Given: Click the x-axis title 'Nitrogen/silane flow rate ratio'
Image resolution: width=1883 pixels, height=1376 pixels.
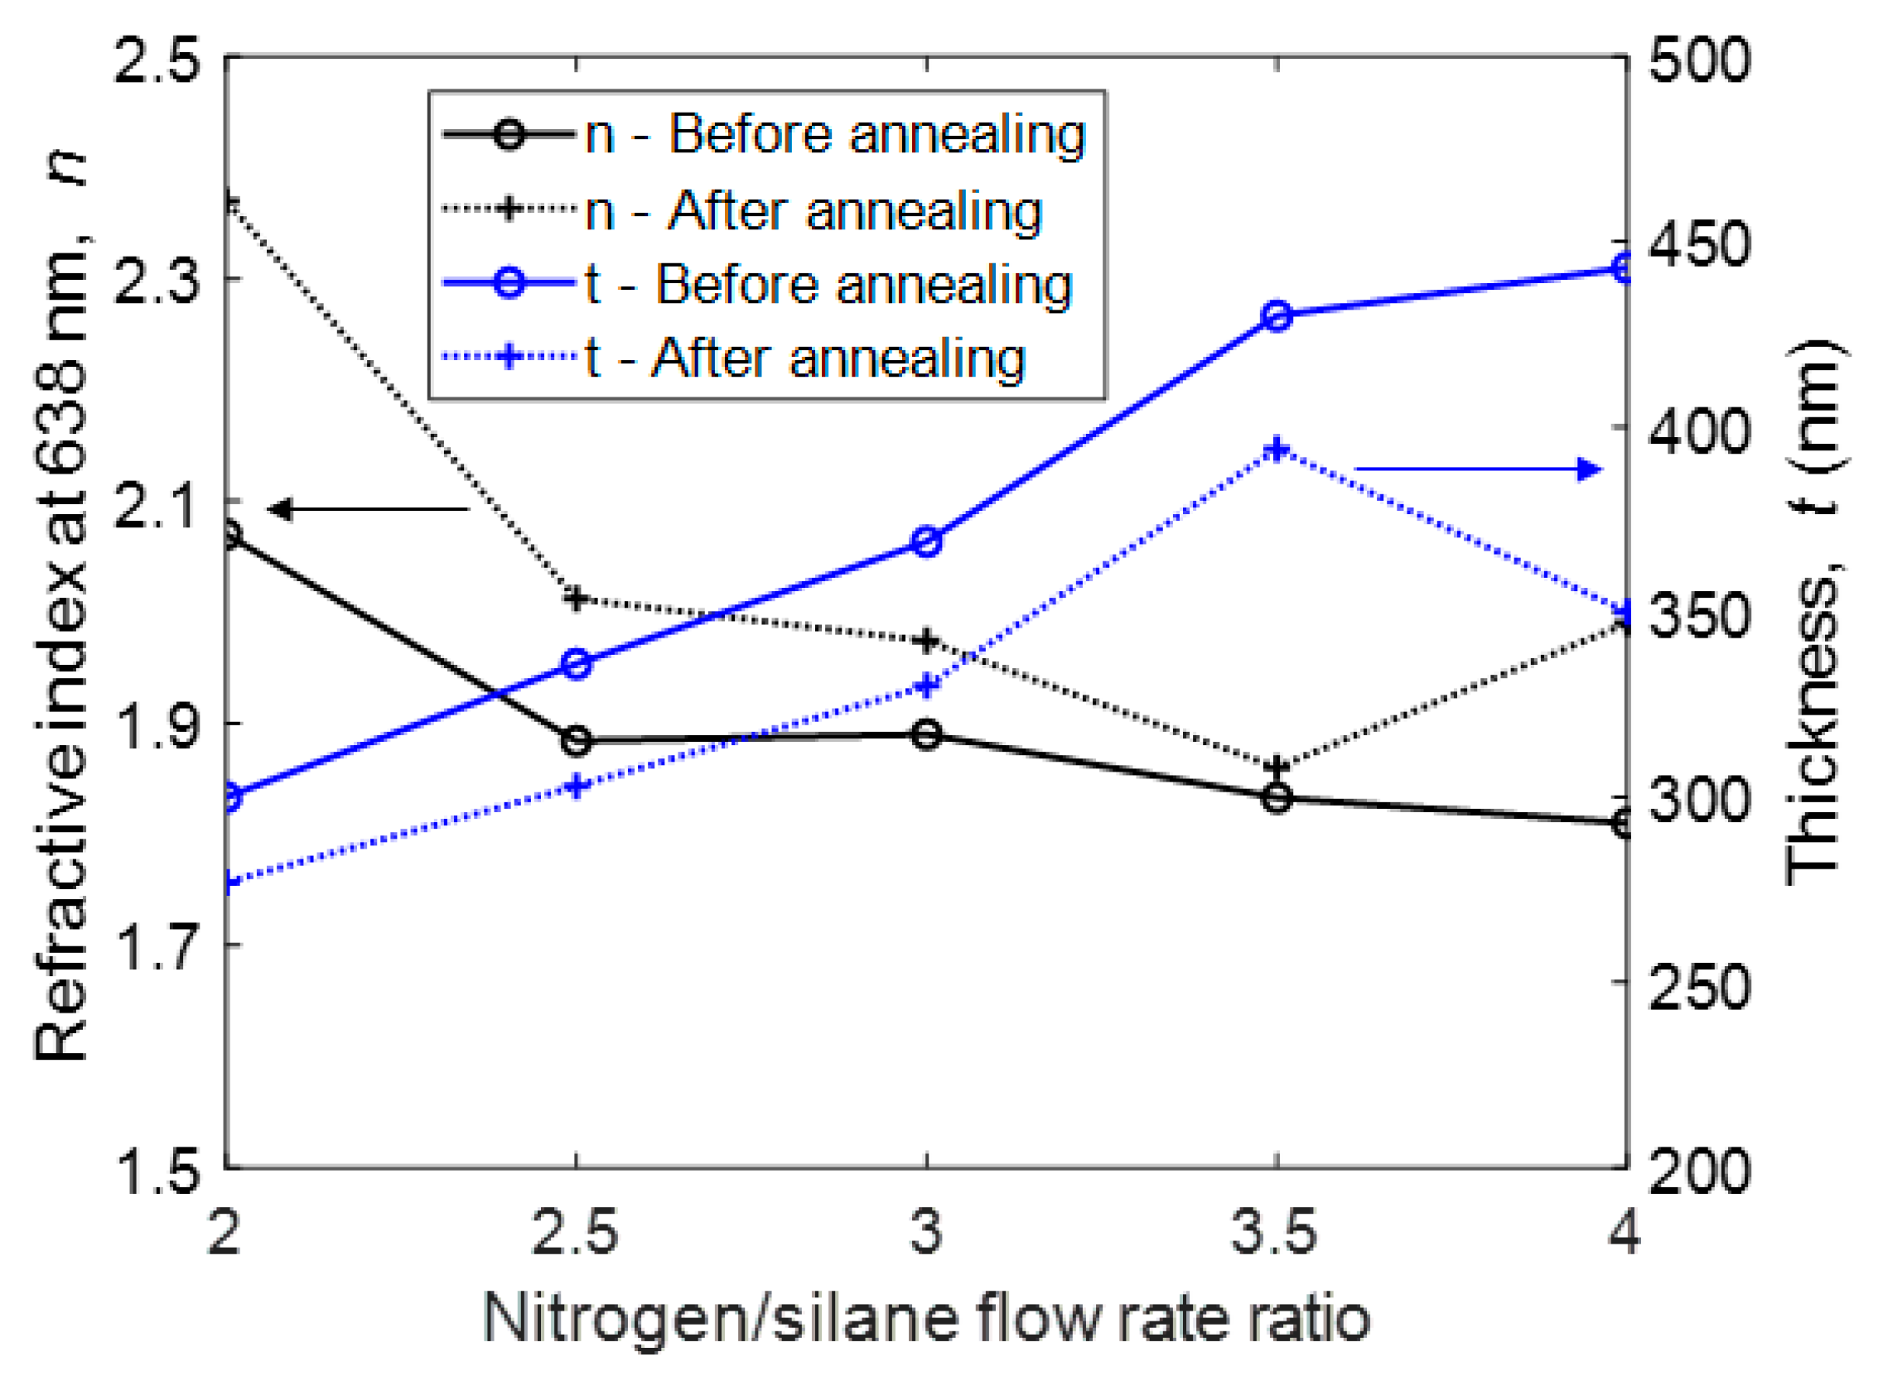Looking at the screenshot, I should [x=926, y=1319].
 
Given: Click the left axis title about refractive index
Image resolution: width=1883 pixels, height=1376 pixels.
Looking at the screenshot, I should [x=62, y=608].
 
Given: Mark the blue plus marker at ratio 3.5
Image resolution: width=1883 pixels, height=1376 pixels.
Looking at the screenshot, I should [x=1277, y=450].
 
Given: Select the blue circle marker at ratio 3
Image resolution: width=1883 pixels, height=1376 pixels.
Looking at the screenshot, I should [x=926, y=542].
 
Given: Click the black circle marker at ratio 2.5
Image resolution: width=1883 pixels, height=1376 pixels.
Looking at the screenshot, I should [x=577, y=740].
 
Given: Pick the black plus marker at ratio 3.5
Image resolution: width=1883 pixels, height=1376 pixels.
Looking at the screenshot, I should [x=1277, y=766].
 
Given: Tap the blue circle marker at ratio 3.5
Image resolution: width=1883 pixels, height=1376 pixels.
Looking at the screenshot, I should [x=1277, y=316].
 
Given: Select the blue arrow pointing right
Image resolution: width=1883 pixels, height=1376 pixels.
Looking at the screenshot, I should [x=1479, y=469].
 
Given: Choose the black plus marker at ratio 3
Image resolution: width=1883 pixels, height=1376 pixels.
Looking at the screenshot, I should [x=926, y=642].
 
